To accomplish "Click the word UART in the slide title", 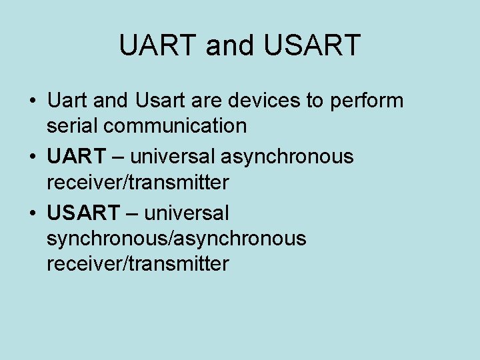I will (x=159, y=45).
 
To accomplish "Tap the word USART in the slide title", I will (x=312, y=45).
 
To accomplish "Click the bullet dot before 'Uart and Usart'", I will (x=33, y=102).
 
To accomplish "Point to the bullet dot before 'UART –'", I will (x=33, y=158).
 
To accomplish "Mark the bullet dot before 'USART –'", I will (x=33, y=215).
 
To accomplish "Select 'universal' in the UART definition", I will (x=172, y=157).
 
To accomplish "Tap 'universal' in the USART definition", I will (x=186, y=213).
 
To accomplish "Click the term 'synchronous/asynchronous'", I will (x=176, y=239).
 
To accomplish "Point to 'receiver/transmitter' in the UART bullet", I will (x=137, y=181).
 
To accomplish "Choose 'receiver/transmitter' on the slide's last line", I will (x=137, y=263).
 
